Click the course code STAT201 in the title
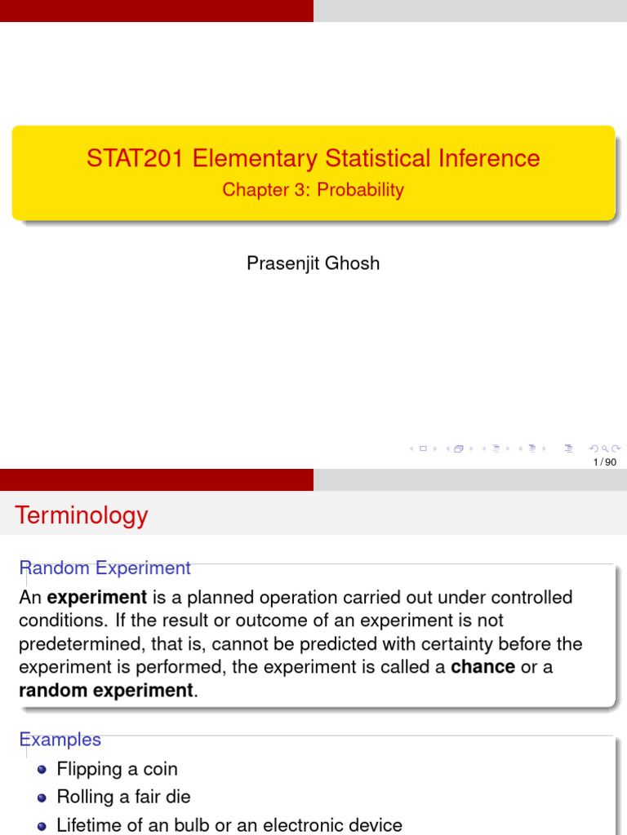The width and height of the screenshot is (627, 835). click(136, 157)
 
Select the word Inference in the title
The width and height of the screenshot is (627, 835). click(488, 157)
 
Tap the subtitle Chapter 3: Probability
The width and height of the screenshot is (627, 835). click(313, 190)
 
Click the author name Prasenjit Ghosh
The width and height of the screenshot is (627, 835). click(313, 264)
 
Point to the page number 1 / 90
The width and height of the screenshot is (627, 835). click(605, 462)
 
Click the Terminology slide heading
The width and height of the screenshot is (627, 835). click(82, 515)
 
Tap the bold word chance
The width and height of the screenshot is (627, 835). click(482, 667)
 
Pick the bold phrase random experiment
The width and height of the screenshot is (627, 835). click(105, 691)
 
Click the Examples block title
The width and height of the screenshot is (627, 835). click(60, 740)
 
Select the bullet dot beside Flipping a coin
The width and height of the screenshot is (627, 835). click(42, 769)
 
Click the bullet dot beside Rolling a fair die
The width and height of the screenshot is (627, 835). click(42, 797)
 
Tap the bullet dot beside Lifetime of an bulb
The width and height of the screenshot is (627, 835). click(42, 825)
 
